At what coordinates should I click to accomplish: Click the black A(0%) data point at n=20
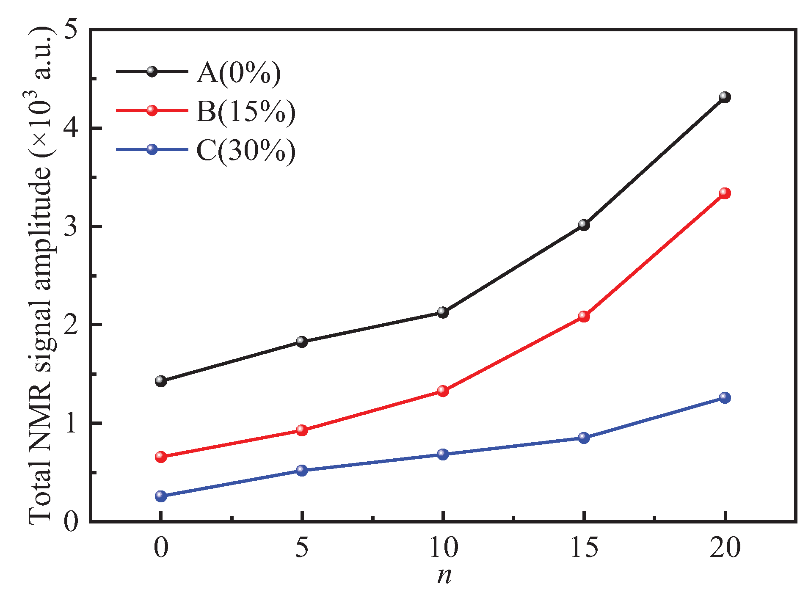click(x=725, y=97)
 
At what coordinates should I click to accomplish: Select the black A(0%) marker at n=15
click(x=584, y=225)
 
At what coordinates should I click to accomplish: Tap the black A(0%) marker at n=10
click(x=443, y=312)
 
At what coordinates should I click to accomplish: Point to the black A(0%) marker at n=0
click(x=161, y=381)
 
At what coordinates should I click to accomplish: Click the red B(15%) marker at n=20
click(x=725, y=193)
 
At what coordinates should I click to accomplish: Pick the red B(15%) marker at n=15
click(x=584, y=316)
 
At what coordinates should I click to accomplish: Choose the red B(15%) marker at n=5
click(x=302, y=430)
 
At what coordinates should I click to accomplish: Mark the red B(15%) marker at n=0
click(x=161, y=457)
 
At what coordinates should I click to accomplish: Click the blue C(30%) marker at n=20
click(x=725, y=397)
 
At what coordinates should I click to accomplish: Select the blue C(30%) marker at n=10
click(x=443, y=454)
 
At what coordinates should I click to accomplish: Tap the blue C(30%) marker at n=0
click(x=161, y=496)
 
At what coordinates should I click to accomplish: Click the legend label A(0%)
click(x=238, y=74)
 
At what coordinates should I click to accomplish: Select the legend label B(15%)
click(x=246, y=113)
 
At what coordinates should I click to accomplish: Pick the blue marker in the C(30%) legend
click(x=152, y=149)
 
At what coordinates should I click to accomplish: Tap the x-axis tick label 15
click(x=584, y=548)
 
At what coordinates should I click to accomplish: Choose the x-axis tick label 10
click(x=443, y=548)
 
